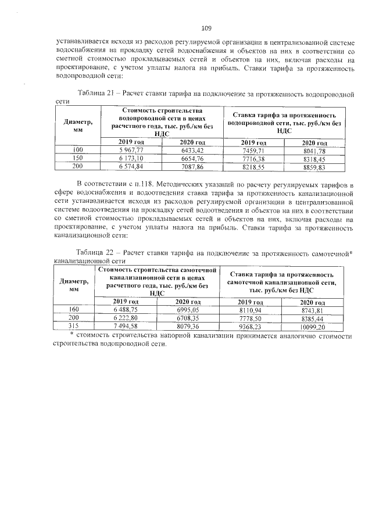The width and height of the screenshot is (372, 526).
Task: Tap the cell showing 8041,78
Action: pyautogui.click(x=314, y=151)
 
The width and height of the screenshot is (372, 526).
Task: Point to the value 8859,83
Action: pyautogui.click(x=314, y=166)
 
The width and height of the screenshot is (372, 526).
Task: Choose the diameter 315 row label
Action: pyautogui.click(x=74, y=327)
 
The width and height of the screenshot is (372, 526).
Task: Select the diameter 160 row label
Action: pyautogui.click(x=74, y=310)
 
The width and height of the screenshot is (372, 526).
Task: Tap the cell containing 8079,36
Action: pyautogui.click(x=188, y=327)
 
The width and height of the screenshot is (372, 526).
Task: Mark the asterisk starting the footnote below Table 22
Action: pyautogui.click(x=71, y=335)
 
